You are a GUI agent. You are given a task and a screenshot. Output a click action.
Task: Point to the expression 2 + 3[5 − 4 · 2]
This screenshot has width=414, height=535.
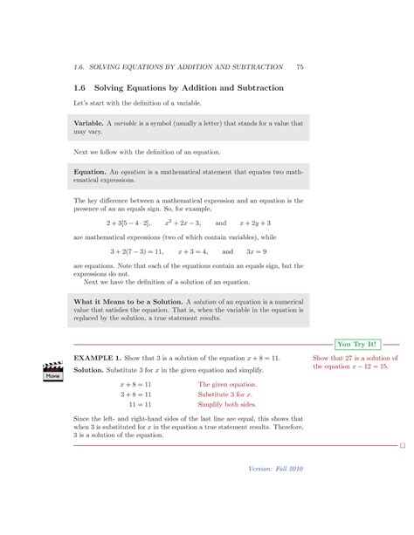pyautogui.click(x=123, y=223)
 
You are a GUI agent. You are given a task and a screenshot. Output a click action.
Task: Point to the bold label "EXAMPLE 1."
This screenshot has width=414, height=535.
pyautogui.click(x=97, y=359)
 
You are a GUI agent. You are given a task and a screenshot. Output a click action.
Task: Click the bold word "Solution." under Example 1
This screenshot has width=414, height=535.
pyautogui.click(x=89, y=370)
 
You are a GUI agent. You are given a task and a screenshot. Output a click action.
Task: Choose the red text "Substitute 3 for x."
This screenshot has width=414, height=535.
pyautogui.click(x=227, y=394)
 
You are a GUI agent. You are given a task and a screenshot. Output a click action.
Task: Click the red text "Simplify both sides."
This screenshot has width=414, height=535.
pyautogui.click(x=227, y=405)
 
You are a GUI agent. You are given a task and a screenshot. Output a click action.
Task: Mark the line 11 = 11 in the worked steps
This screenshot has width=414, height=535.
pyautogui.click(x=141, y=405)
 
